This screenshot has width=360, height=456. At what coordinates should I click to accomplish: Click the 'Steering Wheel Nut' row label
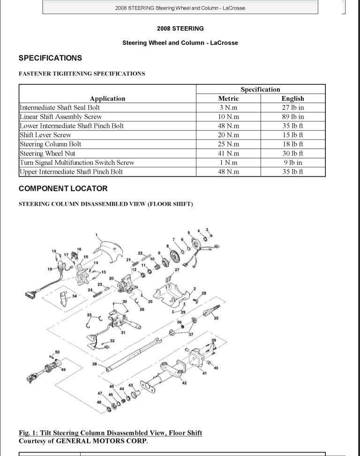tap(47, 153)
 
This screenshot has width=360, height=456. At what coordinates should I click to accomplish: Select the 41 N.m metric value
tap(228, 153)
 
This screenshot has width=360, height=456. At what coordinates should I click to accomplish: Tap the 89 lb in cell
tap(292, 117)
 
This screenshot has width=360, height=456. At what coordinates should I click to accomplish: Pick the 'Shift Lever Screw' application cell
tap(45, 135)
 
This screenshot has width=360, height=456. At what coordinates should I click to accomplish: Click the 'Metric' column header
tap(228, 98)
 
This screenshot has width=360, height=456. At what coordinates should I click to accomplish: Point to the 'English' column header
tap(292, 98)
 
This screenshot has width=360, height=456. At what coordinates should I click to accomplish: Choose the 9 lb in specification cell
tap(292, 163)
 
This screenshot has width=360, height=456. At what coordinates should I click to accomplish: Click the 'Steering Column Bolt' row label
tap(50, 144)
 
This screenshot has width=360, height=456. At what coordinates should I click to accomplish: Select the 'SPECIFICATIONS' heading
tap(50, 58)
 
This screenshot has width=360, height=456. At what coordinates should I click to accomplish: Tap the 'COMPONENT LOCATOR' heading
tap(63, 188)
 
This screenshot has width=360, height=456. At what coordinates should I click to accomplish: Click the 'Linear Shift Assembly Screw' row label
tap(60, 117)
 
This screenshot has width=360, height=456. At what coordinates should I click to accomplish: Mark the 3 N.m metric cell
tap(228, 107)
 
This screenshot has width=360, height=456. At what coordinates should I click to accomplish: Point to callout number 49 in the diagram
tap(63, 370)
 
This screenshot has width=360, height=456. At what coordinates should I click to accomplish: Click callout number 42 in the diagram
tap(184, 383)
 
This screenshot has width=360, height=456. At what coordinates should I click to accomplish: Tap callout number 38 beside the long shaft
tap(94, 364)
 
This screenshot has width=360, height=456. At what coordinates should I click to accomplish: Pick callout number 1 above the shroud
tap(96, 235)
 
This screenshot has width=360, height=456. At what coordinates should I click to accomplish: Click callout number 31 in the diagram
tap(123, 333)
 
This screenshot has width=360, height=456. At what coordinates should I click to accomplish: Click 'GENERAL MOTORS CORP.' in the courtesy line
tap(102, 441)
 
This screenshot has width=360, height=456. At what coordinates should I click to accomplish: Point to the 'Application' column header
tap(107, 98)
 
